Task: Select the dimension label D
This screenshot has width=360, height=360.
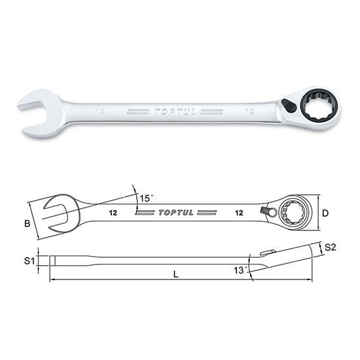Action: click(x=325, y=213)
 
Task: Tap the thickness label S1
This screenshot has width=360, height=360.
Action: click(x=27, y=261)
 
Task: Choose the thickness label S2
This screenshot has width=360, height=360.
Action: click(x=330, y=247)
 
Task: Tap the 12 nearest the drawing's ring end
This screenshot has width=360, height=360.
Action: click(x=242, y=213)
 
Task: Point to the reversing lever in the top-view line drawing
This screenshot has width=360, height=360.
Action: click(x=264, y=210)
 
